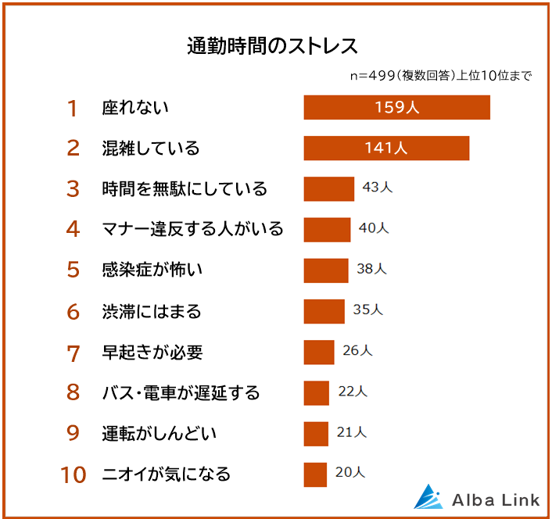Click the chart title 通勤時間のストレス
(x=273, y=45)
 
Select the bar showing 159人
(x=396, y=107)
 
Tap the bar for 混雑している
(x=386, y=148)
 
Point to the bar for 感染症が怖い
(x=326, y=270)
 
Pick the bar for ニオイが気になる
(x=315, y=474)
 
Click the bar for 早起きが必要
(x=319, y=352)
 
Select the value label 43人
(x=377, y=188)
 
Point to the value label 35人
(x=367, y=310)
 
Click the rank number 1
(x=73, y=108)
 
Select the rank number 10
(x=73, y=474)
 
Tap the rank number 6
(x=73, y=312)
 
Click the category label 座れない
(x=135, y=108)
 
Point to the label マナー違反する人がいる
(x=192, y=229)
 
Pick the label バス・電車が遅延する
(x=181, y=392)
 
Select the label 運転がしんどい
(x=159, y=433)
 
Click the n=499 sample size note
(x=441, y=76)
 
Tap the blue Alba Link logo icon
(x=428, y=497)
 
